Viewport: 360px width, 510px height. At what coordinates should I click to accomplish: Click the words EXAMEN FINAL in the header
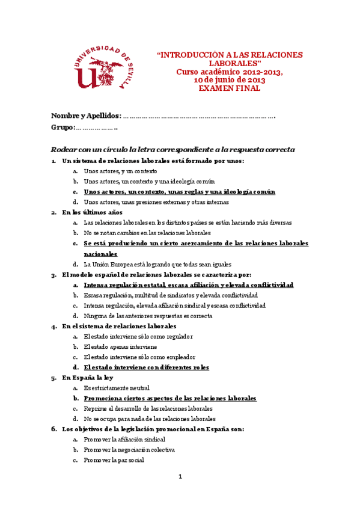tap(230, 88)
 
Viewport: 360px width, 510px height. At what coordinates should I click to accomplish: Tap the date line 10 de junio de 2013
tap(230, 80)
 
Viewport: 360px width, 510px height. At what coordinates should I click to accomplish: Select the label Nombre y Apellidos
tap(86, 115)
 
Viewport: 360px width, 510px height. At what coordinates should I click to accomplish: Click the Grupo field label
tap(63, 127)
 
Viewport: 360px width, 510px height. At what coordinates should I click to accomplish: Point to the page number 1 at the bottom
tap(180, 476)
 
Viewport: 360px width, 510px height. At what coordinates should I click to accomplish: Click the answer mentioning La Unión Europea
tap(150, 264)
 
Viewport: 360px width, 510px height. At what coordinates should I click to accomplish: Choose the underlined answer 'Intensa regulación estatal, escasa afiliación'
tap(188, 284)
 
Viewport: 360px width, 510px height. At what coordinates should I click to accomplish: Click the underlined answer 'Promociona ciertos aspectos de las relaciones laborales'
tap(170, 398)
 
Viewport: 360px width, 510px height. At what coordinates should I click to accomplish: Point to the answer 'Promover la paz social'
tap(114, 460)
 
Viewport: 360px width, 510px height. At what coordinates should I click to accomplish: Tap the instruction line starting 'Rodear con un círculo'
tap(173, 149)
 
